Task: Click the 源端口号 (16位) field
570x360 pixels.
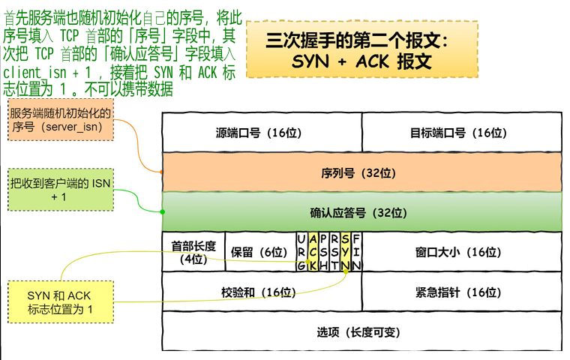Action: (x=262, y=133)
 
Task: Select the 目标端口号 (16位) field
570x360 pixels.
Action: (x=462, y=133)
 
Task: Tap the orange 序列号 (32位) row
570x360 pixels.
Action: (x=362, y=172)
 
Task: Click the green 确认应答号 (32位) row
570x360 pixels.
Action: (x=362, y=212)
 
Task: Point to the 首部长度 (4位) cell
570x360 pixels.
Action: (x=193, y=252)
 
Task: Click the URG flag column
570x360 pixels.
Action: (x=301, y=252)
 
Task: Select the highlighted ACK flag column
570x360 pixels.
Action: (x=313, y=252)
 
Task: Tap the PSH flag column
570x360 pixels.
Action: (x=323, y=252)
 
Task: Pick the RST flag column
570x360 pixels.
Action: (x=334, y=252)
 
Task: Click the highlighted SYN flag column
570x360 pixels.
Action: (x=346, y=252)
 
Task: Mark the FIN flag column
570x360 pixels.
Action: (x=357, y=252)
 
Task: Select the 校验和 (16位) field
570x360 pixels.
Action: (x=262, y=292)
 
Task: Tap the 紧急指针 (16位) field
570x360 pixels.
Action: (x=462, y=292)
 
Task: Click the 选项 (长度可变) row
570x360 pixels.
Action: (x=362, y=331)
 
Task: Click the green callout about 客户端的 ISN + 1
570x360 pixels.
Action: (x=61, y=189)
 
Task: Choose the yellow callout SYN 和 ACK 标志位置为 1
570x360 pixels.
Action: (x=60, y=302)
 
